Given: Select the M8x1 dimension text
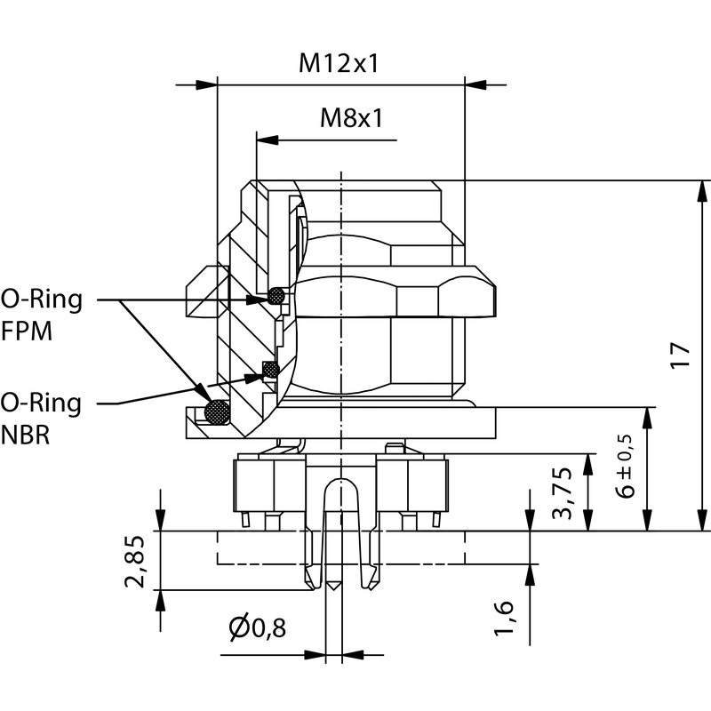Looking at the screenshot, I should [351, 118].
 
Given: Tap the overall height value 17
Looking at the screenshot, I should [680, 355].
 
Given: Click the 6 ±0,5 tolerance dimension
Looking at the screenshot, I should [627, 467].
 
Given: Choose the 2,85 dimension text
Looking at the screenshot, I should [135, 562].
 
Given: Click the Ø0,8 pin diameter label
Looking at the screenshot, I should [257, 629].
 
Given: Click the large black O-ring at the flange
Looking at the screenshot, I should [216, 411].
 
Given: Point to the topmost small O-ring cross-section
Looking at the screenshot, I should [277, 294].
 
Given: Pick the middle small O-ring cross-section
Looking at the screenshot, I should [270, 368].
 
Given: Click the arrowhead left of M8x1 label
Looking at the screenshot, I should [267, 140].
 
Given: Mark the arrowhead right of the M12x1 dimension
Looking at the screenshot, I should [475, 85].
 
